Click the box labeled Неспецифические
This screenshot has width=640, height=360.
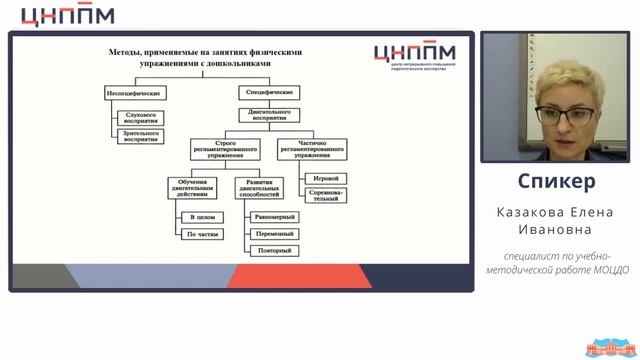click(x=135, y=92)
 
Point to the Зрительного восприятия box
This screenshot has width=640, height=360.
click(x=142, y=137)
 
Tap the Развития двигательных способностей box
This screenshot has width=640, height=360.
click(x=264, y=188)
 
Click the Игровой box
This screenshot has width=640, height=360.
click(x=317, y=177)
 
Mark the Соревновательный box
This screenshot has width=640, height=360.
click(x=317, y=196)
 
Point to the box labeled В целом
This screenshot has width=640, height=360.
click(x=199, y=217)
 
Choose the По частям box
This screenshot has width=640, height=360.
click(x=199, y=234)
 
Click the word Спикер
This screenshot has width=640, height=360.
click(x=557, y=181)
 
